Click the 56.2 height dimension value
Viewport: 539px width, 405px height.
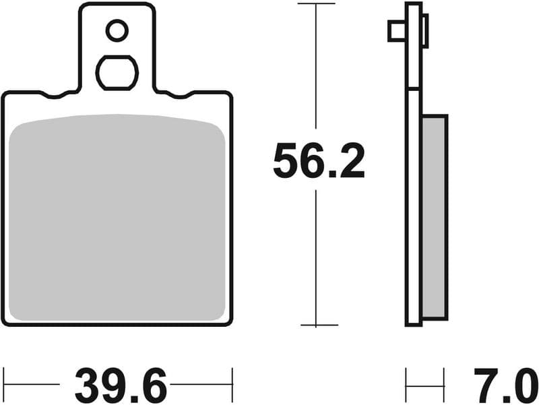[x=319, y=162]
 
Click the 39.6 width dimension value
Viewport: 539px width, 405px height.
[x=121, y=386]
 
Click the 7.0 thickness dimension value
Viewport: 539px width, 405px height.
[x=501, y=386]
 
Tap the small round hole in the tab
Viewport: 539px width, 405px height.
[x=117, y=30]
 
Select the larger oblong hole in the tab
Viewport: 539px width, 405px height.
[x=117, y=72]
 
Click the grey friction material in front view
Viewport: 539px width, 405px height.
[x=117, y=216]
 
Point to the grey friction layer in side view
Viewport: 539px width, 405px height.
[x=434, y=216]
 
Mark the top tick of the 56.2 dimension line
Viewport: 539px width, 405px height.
[x=316, y=4]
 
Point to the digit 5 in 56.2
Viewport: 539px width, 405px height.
[x=286, y=162]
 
